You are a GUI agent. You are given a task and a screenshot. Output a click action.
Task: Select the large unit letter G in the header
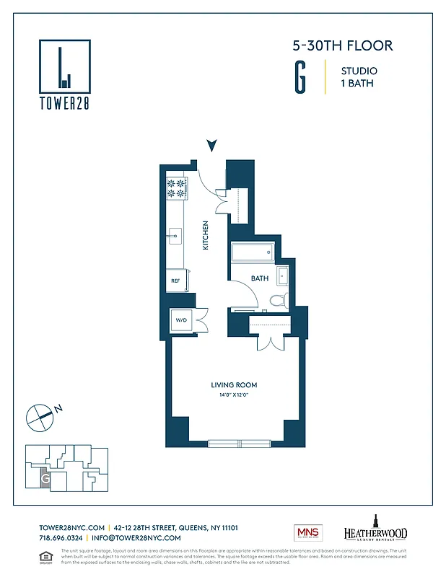299,79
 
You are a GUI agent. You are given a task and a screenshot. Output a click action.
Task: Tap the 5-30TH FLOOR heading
342,46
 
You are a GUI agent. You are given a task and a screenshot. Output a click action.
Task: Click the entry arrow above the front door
211,146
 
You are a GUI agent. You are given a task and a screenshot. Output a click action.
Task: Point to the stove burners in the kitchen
177,188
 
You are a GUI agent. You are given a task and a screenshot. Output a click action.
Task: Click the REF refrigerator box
175,281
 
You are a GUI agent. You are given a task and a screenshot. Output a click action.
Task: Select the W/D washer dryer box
180,320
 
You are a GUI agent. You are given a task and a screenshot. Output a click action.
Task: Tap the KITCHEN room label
205,235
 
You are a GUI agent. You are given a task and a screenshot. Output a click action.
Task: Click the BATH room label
260,278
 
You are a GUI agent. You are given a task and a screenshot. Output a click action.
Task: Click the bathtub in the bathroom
253,254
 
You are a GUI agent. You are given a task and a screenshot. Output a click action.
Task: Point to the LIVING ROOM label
234,385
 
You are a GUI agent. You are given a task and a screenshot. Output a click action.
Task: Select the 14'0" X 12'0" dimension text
234,395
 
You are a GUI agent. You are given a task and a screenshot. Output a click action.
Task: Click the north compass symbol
40,415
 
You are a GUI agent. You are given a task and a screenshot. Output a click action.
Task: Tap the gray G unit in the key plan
45,477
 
